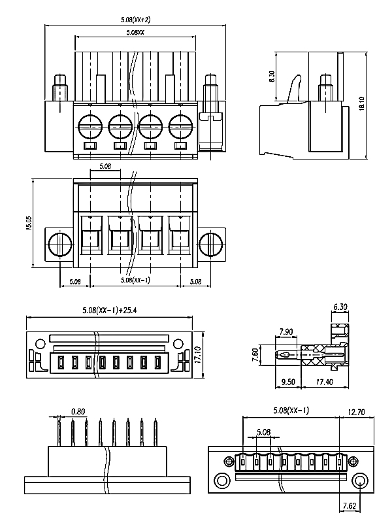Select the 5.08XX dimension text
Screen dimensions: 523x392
coord(136,33)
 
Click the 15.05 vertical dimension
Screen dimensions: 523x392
coord(28,223)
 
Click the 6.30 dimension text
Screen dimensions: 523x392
coord(340,307)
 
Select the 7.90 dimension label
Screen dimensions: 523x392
coord(286,332)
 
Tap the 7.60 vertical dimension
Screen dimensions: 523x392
coord(257,357)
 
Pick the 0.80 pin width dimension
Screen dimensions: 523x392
coord(78,411)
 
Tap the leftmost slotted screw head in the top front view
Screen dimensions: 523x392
coord(90,124)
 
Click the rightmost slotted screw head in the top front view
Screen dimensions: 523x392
coord(180,124)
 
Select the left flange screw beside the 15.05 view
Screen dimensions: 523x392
coord(60,245)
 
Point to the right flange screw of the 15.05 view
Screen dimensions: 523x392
coord(211,245)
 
